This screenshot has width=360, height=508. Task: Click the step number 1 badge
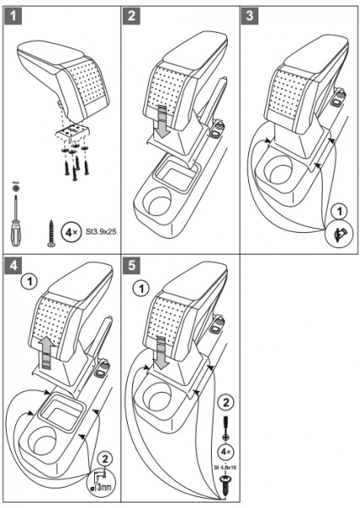point(13,15)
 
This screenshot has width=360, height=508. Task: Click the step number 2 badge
point(131,15)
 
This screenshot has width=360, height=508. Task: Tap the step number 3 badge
point(250,15)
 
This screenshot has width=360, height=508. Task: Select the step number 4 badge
point(13,265)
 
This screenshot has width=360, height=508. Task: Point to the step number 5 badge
point(131,265)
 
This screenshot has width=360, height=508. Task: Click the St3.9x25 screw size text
point(101,232)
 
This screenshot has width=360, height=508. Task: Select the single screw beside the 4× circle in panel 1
point(51,233)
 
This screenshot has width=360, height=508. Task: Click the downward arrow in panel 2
point(162,122)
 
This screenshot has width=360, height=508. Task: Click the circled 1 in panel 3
point(340,212)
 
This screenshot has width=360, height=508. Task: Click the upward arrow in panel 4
point(47,352)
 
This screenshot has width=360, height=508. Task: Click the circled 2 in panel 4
point(105,459)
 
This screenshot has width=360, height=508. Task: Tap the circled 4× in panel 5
point(226,451)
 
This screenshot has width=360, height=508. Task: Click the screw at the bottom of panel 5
point(224,484)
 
